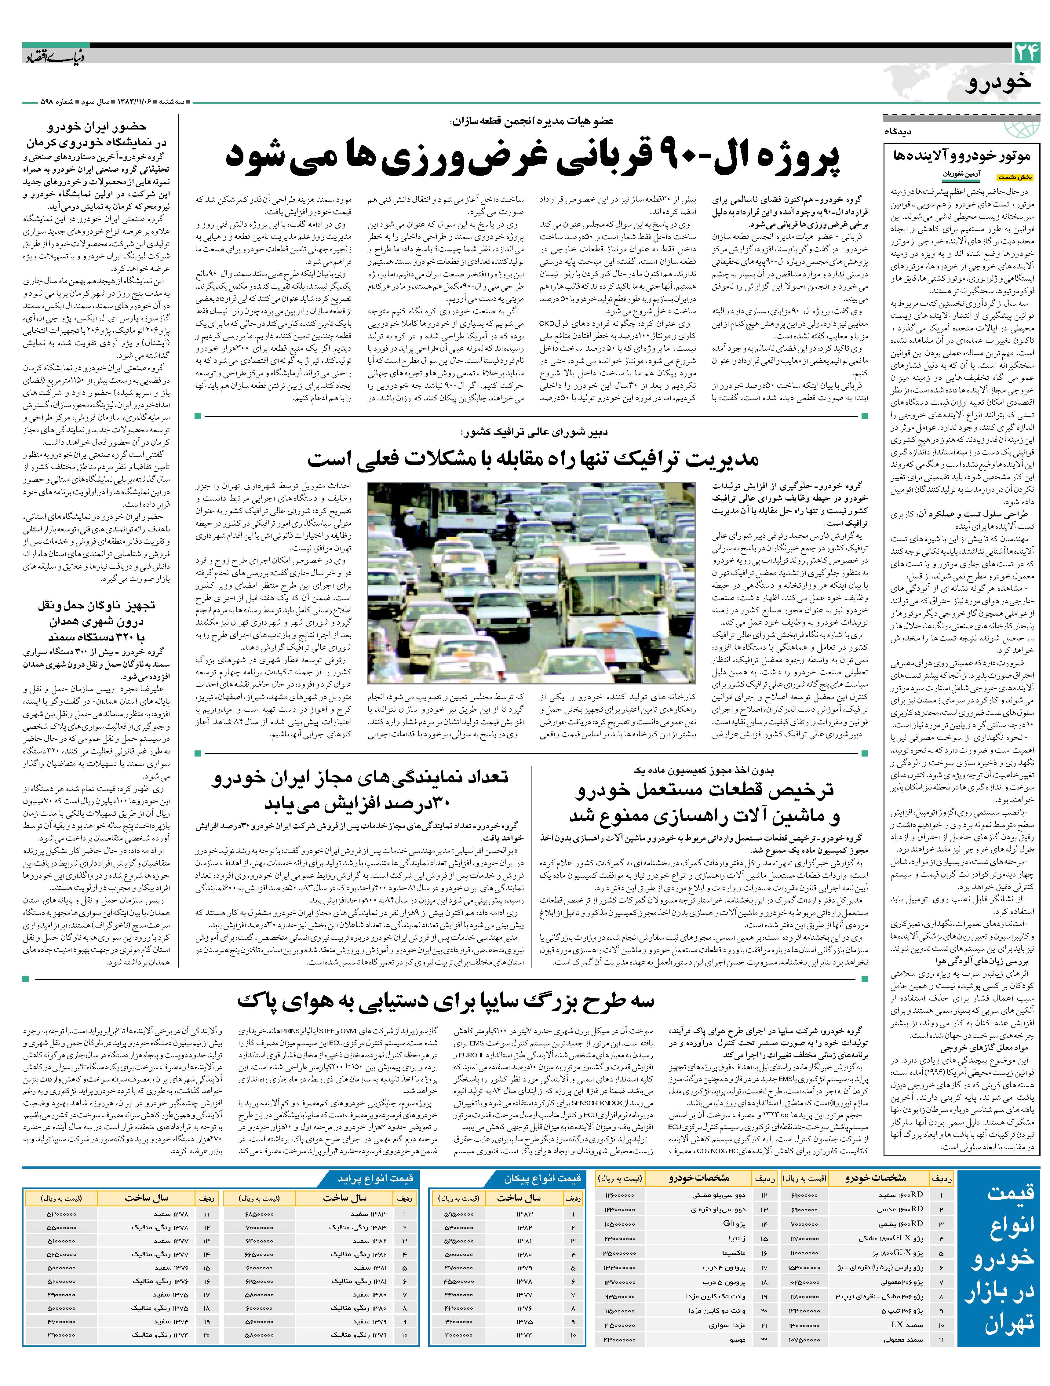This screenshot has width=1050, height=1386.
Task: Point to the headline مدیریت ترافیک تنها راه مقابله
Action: coord(533,459)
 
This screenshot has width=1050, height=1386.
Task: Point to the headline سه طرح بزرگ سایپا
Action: coord(445,1000)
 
